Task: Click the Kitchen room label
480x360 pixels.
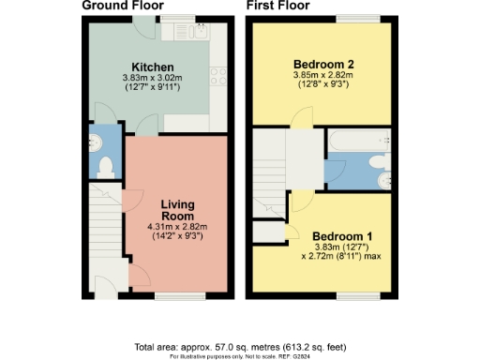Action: [x=151, y=67]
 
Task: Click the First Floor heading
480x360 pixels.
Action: [x=278, y=6]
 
